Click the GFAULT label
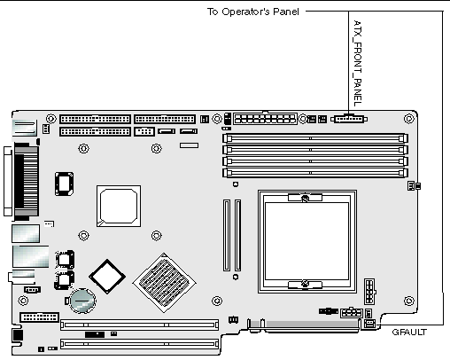[x=409, y=333]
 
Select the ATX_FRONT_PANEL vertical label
[x=358, y=63]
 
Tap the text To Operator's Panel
[x=253, y=12]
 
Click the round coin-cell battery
[x=82, y=301]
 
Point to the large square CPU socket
[x=307, y=241]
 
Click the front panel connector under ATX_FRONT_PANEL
[x=349, y=119]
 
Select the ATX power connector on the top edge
[x=265, y=119]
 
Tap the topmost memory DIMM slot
[x=315, y=138]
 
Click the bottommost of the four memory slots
[x=315, y=173]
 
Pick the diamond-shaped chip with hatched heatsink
[x=165, y=283]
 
